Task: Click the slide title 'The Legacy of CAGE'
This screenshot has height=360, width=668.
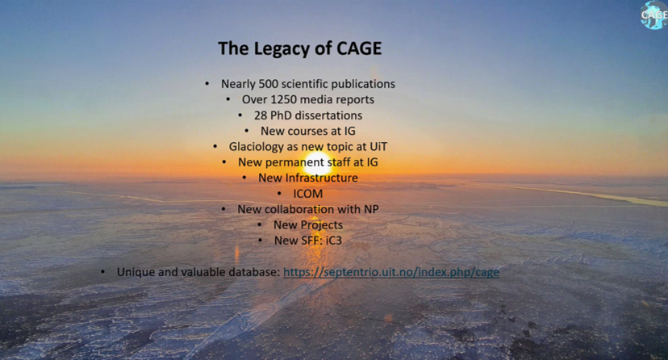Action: point(299,48)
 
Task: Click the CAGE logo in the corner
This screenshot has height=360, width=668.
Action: point(653,15)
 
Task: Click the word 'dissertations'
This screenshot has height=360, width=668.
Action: point(328,115)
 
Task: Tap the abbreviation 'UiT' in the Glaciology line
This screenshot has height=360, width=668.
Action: point(377,146)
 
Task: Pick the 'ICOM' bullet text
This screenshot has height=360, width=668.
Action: point(307,194)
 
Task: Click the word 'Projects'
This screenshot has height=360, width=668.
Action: point(320,225)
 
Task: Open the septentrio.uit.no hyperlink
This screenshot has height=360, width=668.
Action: point(391,272)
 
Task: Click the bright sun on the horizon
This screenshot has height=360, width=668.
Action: point(316,163)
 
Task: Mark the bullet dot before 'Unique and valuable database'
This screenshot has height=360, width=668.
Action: point(103,272)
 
